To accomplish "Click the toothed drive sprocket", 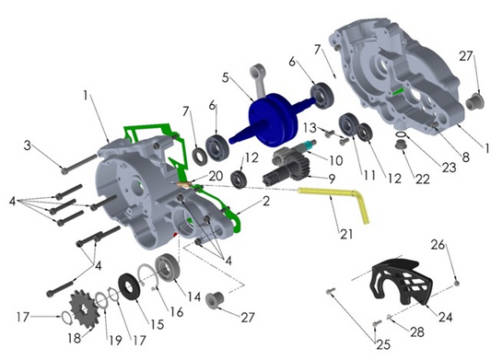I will click(81, 305).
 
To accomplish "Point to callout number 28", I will click(416, 330).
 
